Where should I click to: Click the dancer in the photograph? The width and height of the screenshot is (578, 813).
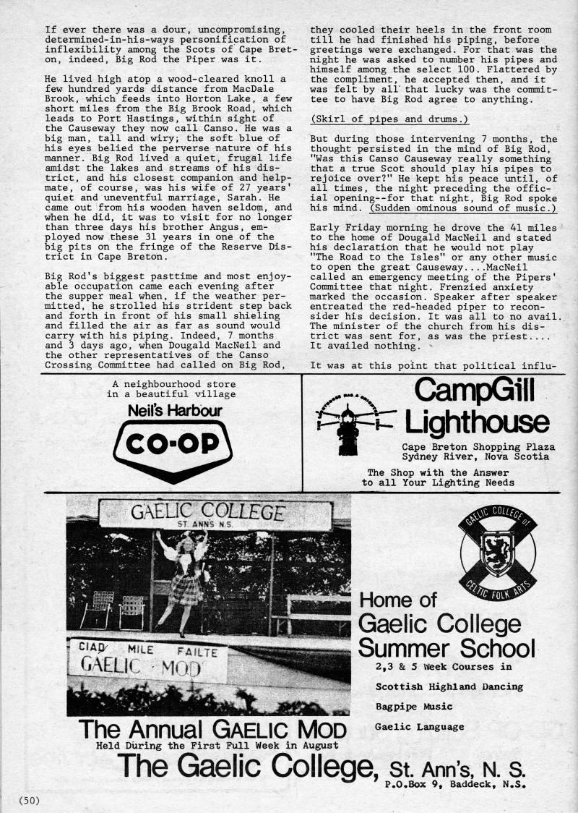tap(185, 579)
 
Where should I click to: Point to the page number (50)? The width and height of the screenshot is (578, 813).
tap(29, 799)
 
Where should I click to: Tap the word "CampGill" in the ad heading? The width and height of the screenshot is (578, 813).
tap(475, 391)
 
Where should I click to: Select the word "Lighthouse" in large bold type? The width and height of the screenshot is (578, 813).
tap(476, 422)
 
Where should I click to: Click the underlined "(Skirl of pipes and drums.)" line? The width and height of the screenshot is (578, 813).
tap(389, 119)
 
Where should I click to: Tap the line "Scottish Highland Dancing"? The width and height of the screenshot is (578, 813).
tap(450, 686)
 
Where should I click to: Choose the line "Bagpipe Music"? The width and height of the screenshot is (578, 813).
tap(414, 705)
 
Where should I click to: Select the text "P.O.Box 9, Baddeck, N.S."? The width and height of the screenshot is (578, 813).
tap(455, 783)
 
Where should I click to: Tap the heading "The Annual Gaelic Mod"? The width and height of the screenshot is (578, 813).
tap(212, 728)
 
